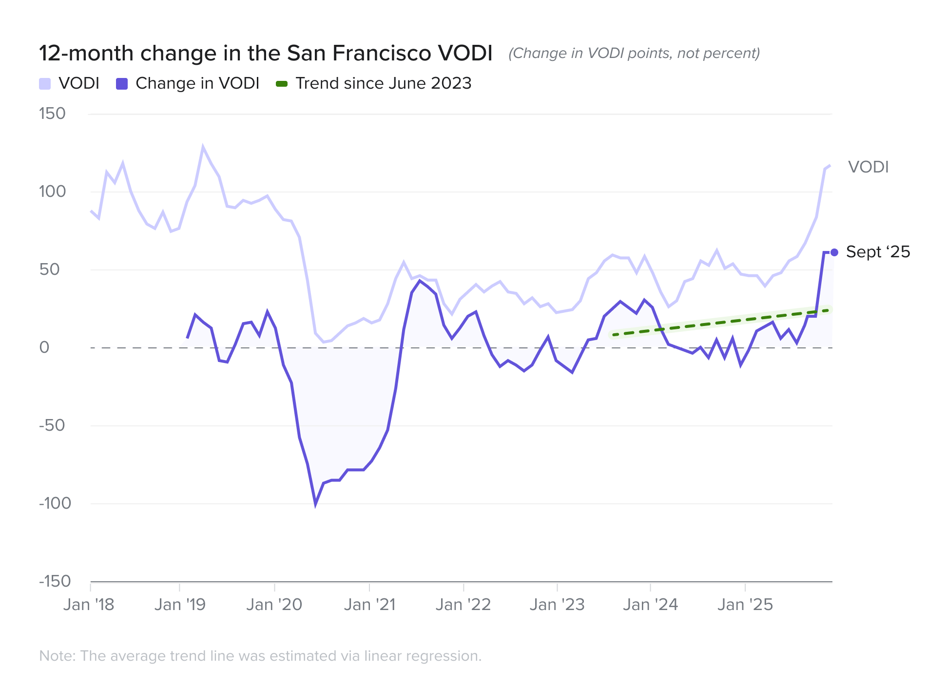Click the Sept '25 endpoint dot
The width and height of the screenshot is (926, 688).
(834, 252)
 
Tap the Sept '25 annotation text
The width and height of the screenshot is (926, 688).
(878, 252)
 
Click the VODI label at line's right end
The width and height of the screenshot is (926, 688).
(868, 167)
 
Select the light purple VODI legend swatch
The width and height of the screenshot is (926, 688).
(45, 84)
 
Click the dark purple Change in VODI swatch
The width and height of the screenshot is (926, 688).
(122, 84)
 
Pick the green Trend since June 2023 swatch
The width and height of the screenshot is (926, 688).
(282, 84)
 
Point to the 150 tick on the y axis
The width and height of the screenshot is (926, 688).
(52, 114)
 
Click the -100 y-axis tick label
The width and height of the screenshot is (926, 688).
(55, 503)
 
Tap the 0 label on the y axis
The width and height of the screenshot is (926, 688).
(44, 347)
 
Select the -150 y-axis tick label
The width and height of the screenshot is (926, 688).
(55, 581)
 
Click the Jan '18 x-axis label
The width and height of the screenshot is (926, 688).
(89, 605)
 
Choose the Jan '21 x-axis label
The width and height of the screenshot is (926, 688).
(369, 605)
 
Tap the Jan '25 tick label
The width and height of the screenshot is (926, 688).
(745, 605)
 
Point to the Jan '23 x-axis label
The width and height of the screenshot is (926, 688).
(557, 605)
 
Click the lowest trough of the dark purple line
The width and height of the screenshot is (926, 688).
(315, 504)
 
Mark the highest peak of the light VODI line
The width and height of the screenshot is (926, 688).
(203, 147)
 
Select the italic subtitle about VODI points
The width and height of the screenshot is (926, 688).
(634, 53)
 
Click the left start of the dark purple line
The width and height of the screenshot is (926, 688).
(188, 338)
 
